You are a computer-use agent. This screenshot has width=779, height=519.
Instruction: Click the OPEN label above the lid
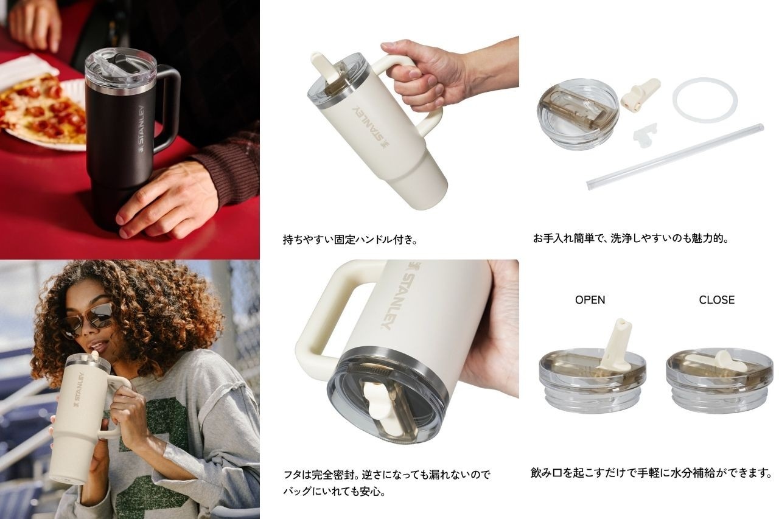point(590,299)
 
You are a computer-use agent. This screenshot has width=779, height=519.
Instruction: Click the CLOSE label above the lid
point(717,299)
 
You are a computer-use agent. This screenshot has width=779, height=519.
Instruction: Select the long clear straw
point(675,157)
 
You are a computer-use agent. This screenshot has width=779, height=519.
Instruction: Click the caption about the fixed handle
point(350,240)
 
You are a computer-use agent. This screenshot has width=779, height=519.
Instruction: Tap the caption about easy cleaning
point(631,239)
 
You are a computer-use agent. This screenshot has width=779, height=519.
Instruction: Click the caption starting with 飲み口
point(651,473)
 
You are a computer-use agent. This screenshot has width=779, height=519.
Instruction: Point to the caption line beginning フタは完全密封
point(386,475)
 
